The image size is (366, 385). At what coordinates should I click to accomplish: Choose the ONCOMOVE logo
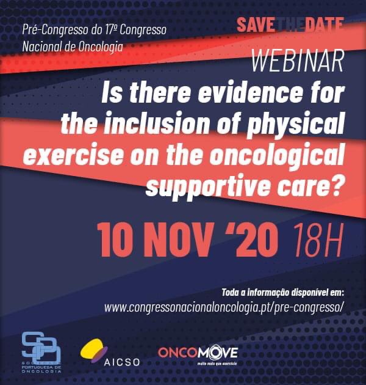pos(198,354)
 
